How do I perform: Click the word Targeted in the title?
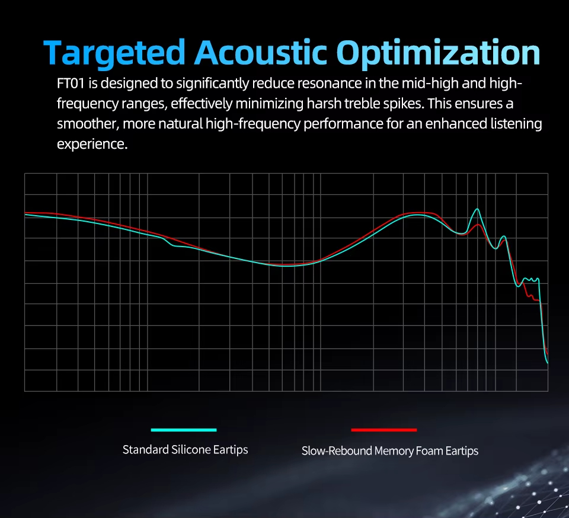pos(114,53)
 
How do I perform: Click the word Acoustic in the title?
pos(261,52)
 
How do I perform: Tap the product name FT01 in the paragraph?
pos(71,84)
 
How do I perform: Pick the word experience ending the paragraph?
pos(92,145)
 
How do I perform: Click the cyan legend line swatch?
pos(184,430)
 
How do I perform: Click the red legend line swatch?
pos(384,430)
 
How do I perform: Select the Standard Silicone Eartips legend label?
pos(185,450)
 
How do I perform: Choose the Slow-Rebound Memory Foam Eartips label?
pos(390,451)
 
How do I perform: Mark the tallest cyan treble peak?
pos(477,209)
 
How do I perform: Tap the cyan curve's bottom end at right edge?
pos(547,362)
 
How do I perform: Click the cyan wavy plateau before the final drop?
pos(531,279)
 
